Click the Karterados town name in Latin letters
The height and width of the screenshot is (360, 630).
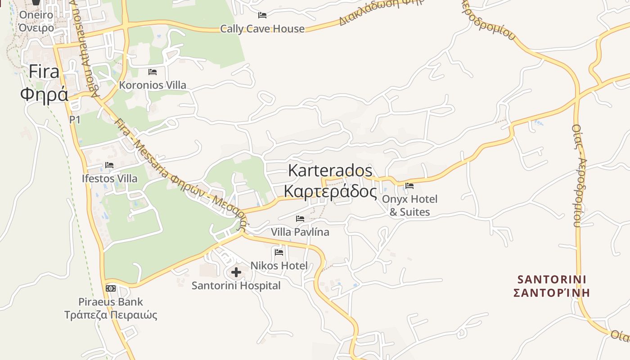point(330,171)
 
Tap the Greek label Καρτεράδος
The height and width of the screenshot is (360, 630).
point(330,191)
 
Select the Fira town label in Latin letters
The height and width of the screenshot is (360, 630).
point(44,72)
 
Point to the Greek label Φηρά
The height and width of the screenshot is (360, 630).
point(44,94)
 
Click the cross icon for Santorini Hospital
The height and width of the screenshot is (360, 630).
point(236,272)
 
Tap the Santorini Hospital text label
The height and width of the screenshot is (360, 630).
point(236,286)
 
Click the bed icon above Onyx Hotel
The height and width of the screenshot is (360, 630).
point(409,185)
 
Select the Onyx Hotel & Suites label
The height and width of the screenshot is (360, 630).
point(409,205)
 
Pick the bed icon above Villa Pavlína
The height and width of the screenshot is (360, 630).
point(300,219)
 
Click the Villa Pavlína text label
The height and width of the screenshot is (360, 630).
point(300,232)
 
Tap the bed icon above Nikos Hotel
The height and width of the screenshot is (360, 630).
point(279,252)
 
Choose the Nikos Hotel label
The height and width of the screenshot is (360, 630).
point(279,265)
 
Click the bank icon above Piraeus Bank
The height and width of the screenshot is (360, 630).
point(111,288)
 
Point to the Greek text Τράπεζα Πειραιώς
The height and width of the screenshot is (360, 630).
point(111,315)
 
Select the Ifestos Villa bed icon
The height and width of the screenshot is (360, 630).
point(109,165)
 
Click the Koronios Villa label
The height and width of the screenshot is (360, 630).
point(153,85)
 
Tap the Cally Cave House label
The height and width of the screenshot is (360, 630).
point(262,29)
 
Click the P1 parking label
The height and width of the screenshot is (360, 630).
point(75,119)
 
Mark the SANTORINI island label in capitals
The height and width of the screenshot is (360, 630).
point(552,279)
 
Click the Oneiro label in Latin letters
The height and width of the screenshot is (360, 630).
point(36,15)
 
